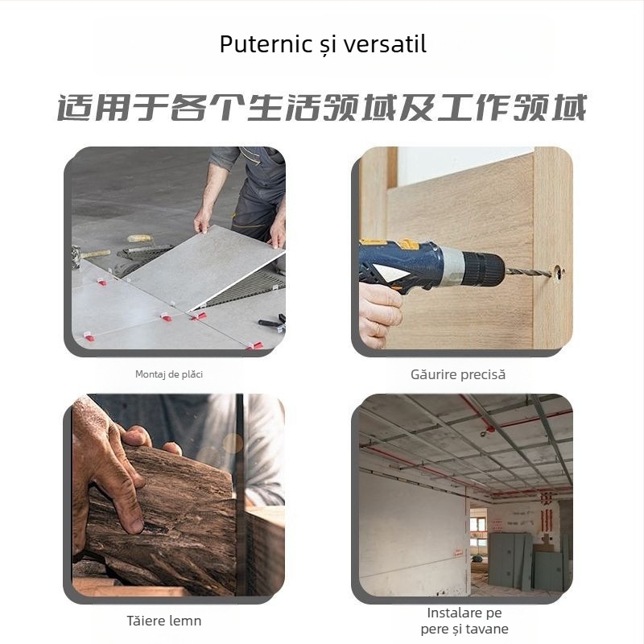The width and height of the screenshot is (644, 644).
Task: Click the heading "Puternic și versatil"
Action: (x=323, y=44)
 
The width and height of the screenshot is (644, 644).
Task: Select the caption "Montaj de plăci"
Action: (x=175, y=374)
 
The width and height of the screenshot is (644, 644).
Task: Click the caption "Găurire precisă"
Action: (x=458, y=374)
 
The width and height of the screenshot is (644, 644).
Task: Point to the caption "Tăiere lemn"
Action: (x=164, y=621)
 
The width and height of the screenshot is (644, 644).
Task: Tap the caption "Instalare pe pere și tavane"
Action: (x=464, y=621)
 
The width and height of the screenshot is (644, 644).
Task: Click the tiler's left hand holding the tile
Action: (x=202, y=217)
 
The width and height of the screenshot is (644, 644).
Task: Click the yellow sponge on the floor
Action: (x=139, y=238)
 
